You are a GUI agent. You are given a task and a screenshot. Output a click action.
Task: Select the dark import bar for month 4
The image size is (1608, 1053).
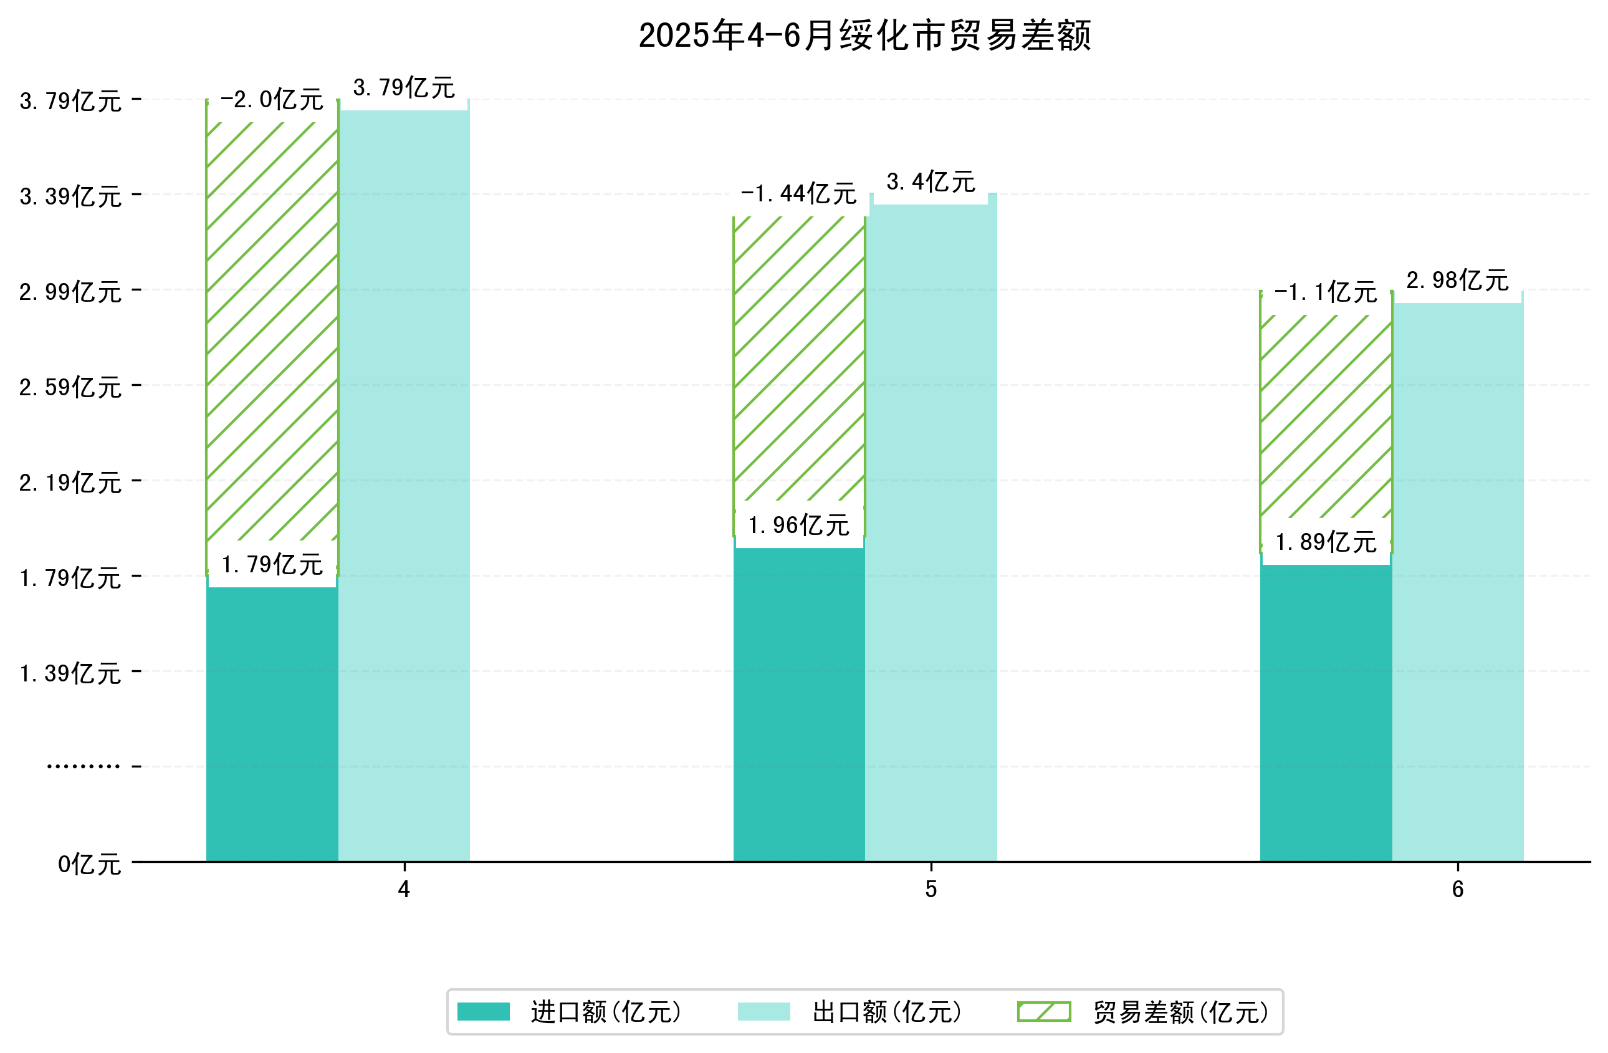coord(272,723)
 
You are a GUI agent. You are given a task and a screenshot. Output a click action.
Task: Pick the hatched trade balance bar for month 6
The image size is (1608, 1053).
coord(1325,419)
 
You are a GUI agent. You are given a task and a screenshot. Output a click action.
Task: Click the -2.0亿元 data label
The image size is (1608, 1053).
coord(272,100)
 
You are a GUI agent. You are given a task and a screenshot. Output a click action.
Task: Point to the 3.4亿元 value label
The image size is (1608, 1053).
coord(931,182)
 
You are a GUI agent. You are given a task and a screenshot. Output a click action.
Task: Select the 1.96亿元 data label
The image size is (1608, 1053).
coord(798,525)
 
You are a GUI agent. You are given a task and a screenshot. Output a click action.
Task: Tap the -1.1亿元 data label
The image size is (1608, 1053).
coord(1325,292)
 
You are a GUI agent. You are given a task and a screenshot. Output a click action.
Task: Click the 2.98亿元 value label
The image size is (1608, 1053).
coord(1457,280)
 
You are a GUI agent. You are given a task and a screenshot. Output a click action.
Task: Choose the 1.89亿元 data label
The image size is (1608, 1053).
coord(1326,542)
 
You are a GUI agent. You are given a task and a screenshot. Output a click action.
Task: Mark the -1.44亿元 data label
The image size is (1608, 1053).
coord(798,194)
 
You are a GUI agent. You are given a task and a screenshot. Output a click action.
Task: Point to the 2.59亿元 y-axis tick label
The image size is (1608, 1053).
coord(70,387)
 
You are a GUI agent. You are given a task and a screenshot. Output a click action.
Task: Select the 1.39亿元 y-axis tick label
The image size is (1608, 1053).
coord(70,674)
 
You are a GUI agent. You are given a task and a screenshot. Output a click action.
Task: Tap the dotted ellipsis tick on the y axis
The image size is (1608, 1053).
coord(83,766)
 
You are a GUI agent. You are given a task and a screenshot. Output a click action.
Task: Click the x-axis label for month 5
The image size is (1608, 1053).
coord(931,890)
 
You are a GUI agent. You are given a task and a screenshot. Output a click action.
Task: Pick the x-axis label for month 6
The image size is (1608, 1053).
coord(1457,890)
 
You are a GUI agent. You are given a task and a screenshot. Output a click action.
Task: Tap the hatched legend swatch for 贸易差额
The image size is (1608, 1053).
coord(1044,1012)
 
